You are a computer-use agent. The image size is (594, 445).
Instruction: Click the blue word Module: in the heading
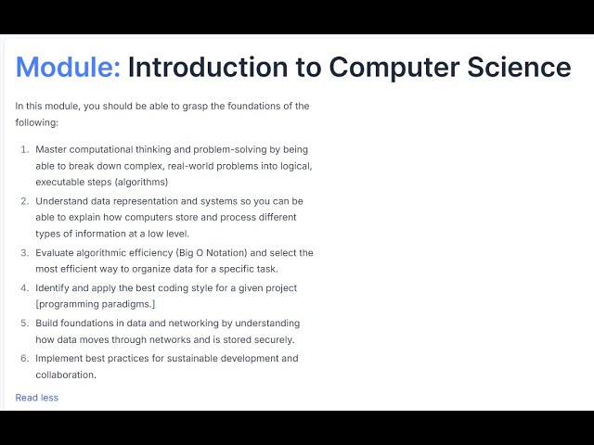pos(68,67)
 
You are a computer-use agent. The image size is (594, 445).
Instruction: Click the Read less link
pos(36,398)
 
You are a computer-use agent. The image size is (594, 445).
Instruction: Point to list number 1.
pos(24,149)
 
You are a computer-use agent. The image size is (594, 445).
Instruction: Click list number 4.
pos(24,288)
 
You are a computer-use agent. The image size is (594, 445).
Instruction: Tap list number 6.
pos(24,359)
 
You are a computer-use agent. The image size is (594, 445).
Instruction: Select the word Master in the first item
pos(52,149)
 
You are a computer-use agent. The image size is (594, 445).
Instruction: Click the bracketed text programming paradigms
pos(97,305)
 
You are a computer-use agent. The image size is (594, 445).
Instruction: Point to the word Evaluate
pos(57,253)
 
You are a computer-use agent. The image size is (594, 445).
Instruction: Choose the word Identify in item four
pos(54,288)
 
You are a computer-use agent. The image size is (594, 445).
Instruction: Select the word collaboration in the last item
pos(66,375)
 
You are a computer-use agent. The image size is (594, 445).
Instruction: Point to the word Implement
pos(59,359)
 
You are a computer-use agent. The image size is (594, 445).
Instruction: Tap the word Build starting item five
pos(47,324)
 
